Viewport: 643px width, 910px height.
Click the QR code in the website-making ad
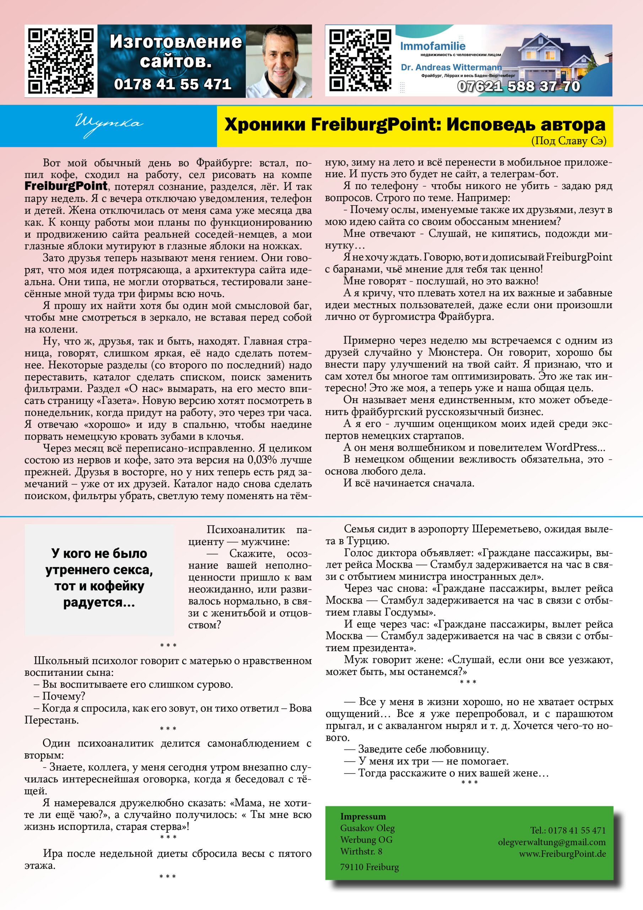[x=61, y=61]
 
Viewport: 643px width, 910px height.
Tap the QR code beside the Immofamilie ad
[x=360, y=60]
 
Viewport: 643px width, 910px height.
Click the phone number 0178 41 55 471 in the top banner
[x=172, y=84]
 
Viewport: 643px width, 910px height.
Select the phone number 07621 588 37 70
[x=519, y=86]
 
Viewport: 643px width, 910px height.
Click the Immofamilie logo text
[x=433, y=46]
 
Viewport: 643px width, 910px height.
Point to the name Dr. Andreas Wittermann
[x=451, y=68]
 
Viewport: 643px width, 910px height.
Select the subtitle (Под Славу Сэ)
[x=568, y=141]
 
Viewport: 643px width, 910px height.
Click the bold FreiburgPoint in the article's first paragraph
[x=66, y=186]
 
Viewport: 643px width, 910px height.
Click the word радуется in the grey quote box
[x=99, y=603]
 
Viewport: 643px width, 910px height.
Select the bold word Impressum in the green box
[x=363, y=817]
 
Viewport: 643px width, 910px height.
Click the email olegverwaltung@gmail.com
[x=551, y=842]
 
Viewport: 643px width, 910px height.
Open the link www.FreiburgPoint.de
[x=562, y=854]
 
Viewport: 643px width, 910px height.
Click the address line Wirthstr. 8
[x=361, y=851]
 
